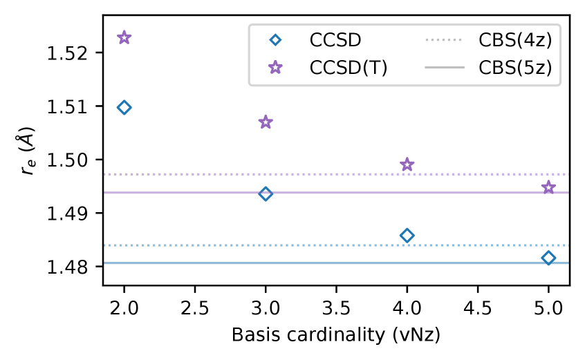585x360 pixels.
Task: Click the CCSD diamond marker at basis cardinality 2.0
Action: click(124, 107)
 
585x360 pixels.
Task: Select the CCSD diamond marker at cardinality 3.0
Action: click(266, 193)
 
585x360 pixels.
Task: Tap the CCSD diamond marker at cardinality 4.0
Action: click(407, 236)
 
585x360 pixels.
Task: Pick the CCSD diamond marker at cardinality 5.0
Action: click(548, 258)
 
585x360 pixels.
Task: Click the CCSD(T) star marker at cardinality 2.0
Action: click(124, 37)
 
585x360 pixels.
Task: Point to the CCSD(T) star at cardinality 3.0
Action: click(266, 122)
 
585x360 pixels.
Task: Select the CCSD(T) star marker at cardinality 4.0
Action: click(407, 164)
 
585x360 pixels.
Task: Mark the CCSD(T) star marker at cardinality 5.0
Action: click(548, 187)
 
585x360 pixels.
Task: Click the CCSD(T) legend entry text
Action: click(347, 68)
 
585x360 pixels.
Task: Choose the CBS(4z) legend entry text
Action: click(514, 40)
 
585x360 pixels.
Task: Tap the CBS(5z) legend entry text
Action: click(514, 68)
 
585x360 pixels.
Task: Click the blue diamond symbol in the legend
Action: click(275, 40)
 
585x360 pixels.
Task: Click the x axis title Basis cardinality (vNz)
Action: click(336, 335)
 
